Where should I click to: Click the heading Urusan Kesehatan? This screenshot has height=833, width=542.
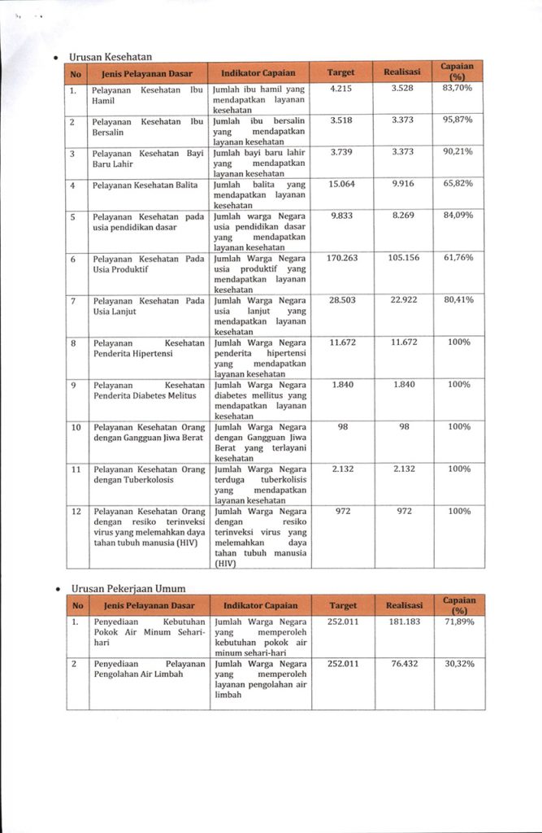(x=111, y=56)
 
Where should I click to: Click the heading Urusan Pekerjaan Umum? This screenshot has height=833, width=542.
(x=128, y=588)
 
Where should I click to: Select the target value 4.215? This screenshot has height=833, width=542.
(x=341, y=88)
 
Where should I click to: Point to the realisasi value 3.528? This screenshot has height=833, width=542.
(x=404, y=88)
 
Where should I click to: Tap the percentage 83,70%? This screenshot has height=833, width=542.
(x=457, y=88)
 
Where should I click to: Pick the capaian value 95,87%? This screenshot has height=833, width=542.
(x=457, y=120)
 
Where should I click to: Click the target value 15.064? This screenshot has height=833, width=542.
(x=341, y=184)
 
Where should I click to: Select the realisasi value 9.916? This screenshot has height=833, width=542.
(x=404, y=184)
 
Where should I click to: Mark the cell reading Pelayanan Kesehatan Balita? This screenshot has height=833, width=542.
(x=145, y=185)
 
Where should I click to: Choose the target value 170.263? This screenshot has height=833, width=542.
(x=341, y=257)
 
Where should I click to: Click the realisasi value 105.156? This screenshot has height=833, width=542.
(x=404, y=257)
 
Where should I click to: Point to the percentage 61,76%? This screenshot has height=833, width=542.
(x=457, y=257)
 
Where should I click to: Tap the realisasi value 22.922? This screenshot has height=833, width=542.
(x=404, y=300)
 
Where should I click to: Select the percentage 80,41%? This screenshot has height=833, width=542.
(x=457, y=300)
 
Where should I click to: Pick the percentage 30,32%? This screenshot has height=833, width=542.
(x=457, y=664)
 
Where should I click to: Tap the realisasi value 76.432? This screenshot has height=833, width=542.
(x=404, y=664)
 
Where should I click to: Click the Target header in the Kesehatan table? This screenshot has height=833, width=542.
(x=341, y=72)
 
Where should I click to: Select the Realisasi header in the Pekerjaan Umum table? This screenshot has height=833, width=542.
(x=404, y=605)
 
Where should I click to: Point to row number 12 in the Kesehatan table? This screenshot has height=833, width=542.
(x=76, y=511)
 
